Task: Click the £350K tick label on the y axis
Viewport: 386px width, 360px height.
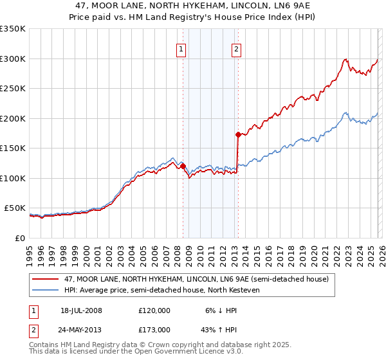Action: pos(12,29)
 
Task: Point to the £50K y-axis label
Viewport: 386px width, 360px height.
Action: pos(15,208)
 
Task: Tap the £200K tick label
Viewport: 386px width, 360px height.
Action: pos(12,118)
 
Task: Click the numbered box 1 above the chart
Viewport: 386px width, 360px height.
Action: pos(181,49)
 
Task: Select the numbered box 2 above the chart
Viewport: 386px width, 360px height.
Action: pos(236,49)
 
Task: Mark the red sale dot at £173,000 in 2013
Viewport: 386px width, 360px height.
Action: pos(238,134)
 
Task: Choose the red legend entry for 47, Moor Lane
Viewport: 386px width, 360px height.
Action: pos(196,279)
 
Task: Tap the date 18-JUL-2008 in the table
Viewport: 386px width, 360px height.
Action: pos(81,310)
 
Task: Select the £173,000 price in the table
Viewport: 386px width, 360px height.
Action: pos(154,329)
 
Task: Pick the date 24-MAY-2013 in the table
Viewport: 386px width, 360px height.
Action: pos(81,329)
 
